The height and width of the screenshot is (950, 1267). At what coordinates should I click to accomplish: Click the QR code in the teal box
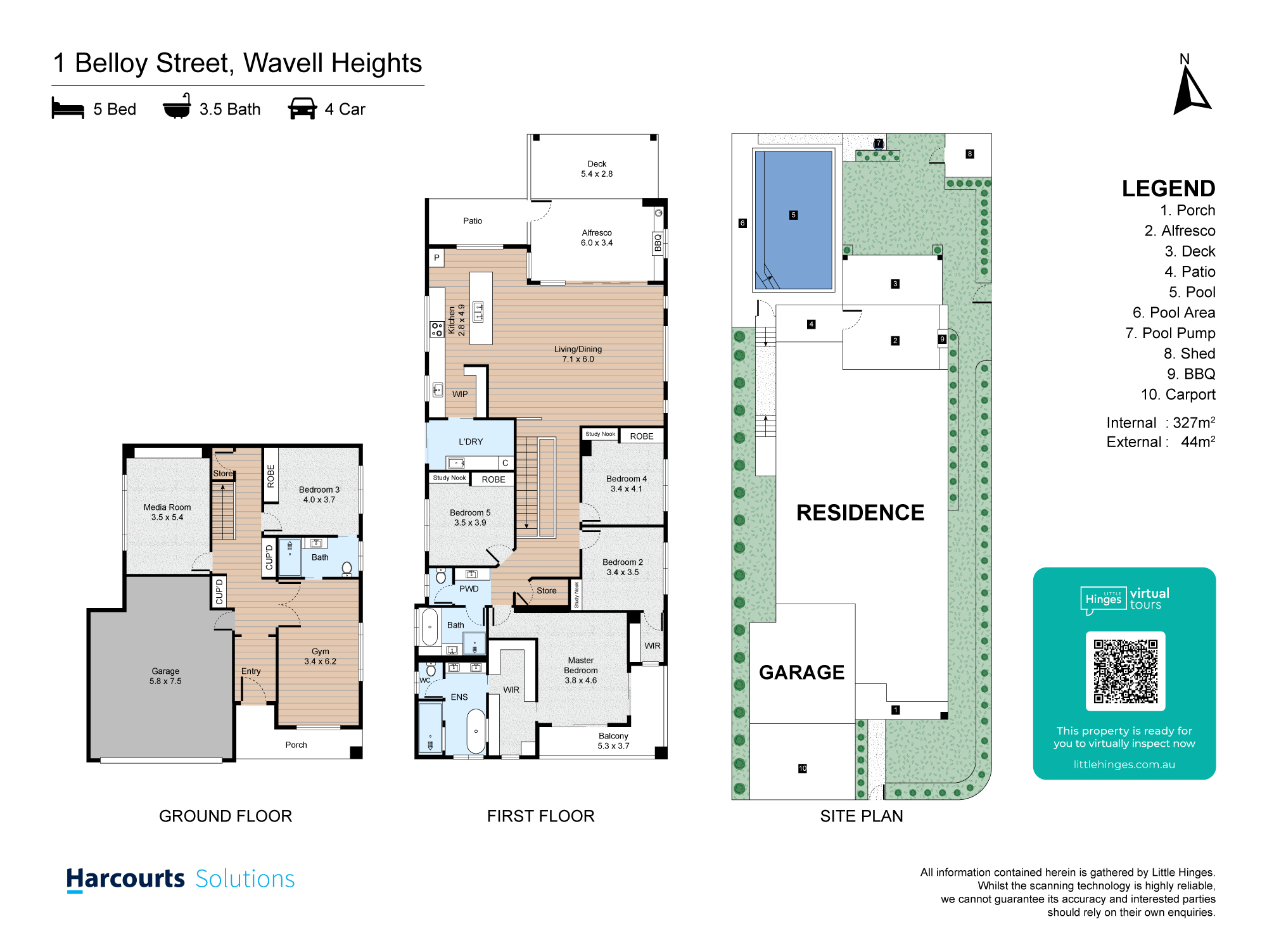[1126, 671]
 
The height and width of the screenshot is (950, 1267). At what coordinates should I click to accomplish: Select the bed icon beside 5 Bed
[68, 108]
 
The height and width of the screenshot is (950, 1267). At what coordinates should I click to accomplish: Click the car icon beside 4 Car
[302, 108]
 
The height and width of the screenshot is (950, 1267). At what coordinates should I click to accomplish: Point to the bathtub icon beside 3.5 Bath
[177, 106]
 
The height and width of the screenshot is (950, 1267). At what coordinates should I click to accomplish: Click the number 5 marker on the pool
[793, 215]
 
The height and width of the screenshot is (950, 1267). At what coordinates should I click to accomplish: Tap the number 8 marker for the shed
[969, 154]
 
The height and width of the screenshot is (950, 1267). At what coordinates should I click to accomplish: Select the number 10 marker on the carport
[803, 768]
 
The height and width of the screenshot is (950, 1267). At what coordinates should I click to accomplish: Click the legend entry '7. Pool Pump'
[1170, 333]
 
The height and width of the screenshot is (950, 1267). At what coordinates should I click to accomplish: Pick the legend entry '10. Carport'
[1178, 395]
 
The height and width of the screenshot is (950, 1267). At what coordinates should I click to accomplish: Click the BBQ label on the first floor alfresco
[658, 243]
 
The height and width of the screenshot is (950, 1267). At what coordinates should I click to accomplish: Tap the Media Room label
[167, 507]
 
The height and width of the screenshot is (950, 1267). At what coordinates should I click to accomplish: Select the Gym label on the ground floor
[321, 651]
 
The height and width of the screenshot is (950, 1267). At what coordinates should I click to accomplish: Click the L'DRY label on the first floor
[471, 441]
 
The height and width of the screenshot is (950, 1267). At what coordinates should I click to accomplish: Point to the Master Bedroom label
[581, 665]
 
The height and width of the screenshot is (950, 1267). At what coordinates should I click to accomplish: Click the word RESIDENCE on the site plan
[860, 512]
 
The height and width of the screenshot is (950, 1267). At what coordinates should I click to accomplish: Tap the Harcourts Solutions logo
[181, 879]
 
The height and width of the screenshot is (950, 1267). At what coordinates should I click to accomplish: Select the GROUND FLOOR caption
[226, 816]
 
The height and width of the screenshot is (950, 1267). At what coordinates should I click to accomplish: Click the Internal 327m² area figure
[1161, 422]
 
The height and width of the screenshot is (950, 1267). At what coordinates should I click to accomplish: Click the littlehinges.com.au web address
[1124, 764]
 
